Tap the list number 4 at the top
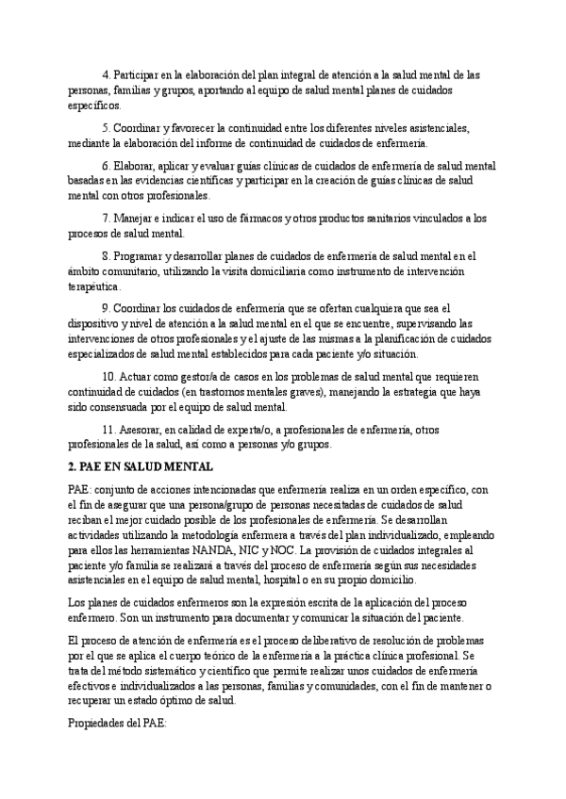pos(104,74)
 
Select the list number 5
pos(104,127)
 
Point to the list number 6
pos(104,164)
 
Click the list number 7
pos(104,218)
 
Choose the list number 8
pos(104,254)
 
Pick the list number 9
pos(104,308)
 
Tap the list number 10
pos(106,376)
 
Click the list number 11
pos(106,430)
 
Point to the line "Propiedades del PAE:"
pos(117,727)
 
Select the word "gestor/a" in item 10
pos(192,376)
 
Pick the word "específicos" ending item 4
pos(95,106)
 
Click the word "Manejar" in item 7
pos(134,218)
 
